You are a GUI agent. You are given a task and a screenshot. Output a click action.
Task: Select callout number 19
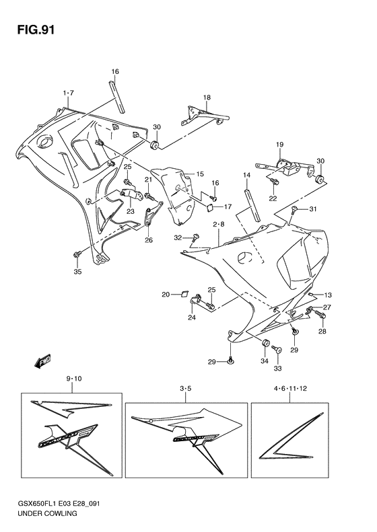(279, 145)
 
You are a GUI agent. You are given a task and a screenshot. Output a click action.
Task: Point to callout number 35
(77, 272)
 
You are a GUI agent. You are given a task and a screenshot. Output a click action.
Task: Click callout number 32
(178, 237)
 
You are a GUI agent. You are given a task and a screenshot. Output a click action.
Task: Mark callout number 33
(278, 368)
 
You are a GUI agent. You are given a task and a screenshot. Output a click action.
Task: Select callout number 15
(199, 174)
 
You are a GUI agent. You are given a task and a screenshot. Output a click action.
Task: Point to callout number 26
(148, 240)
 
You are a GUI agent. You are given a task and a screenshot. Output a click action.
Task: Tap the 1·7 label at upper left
(68, 92)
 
